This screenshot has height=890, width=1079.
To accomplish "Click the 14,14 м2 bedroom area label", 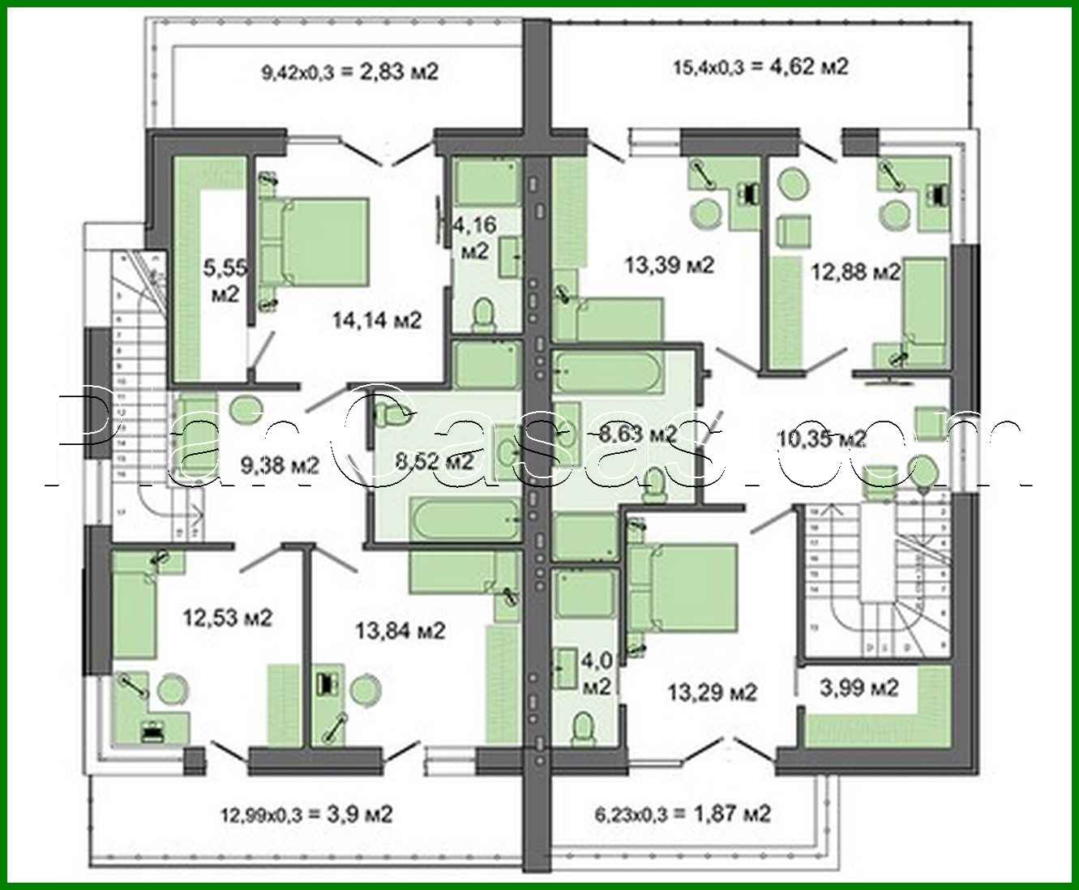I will click(x=377, y=320).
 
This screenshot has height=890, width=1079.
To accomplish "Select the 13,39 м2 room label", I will click(x=670, y=265).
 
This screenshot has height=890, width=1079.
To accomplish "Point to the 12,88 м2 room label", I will click(x=856, y=272).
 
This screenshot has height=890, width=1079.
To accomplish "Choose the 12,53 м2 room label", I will click(x=227, y=618).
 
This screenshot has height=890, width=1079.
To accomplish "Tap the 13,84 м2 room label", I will click(x=400, y=630).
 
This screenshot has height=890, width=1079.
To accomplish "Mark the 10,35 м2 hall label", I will click(x=822, y=439).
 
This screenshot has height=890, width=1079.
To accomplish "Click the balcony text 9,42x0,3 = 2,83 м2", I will click(x=349, y=72).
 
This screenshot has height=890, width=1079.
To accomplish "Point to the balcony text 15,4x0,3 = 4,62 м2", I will click(x=760, y=66).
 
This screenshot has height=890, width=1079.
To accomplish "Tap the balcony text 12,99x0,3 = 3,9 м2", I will click(x=306, y=814).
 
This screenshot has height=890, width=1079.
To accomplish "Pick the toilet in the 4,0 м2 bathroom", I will click(x=581, y=727).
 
